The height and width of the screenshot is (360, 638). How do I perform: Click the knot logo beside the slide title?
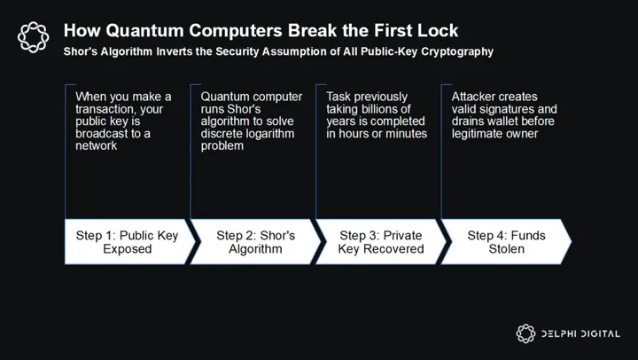pos(34,37)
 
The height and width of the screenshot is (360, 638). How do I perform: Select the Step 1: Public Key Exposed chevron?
pos(129,242)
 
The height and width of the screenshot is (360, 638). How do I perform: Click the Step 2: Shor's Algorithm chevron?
pos(255,242)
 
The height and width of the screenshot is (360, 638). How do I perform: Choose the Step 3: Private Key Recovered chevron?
pos(381,242)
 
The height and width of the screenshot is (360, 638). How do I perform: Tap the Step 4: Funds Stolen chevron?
pos(507,242)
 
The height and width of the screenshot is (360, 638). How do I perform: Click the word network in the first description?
pos(96,145)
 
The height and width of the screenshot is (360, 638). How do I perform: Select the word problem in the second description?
pos(222,146)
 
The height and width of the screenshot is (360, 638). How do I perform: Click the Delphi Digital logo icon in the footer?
pos(525,333)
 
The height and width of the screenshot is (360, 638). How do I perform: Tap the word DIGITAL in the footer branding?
pos(600,333)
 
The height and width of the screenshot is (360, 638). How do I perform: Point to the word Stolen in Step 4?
pos(507,249)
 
